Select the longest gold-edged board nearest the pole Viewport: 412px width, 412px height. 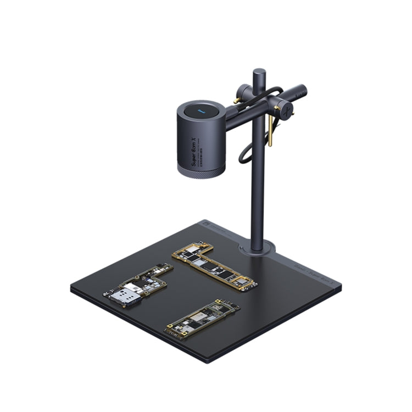tap(214, 266)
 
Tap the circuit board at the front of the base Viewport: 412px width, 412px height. tap(202, 319)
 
